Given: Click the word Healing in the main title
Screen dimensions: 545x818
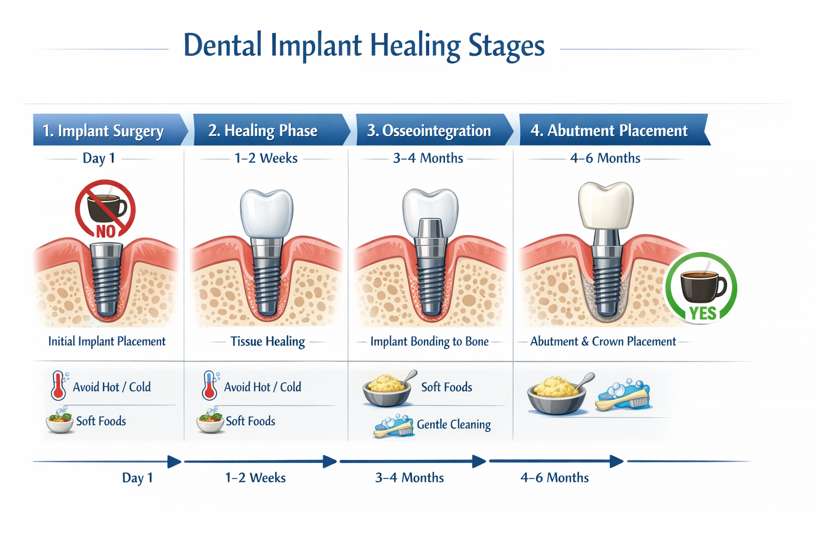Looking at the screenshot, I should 415,46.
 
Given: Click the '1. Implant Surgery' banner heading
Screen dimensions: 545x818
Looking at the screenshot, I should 103,130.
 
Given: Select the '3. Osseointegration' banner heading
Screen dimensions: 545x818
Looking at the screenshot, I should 429,130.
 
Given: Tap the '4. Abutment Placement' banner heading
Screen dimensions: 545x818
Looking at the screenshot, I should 609,130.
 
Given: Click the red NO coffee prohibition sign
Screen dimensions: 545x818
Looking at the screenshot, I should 105,209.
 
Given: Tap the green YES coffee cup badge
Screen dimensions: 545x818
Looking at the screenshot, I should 701,288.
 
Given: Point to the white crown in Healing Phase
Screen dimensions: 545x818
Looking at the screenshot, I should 266,212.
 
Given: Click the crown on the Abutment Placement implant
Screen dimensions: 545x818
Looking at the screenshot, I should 606,205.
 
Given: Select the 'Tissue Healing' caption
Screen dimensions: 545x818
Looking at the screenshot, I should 267,341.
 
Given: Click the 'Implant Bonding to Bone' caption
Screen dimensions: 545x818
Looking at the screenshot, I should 429,342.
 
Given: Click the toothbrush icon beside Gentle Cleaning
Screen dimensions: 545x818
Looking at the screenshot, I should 395,426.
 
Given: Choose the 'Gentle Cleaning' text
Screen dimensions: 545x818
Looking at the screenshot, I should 454,425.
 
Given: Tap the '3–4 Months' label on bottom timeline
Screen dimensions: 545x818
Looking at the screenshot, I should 409,477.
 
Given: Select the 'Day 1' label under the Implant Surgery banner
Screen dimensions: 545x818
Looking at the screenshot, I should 99,158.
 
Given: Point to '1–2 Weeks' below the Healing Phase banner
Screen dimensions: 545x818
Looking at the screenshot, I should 266,158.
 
